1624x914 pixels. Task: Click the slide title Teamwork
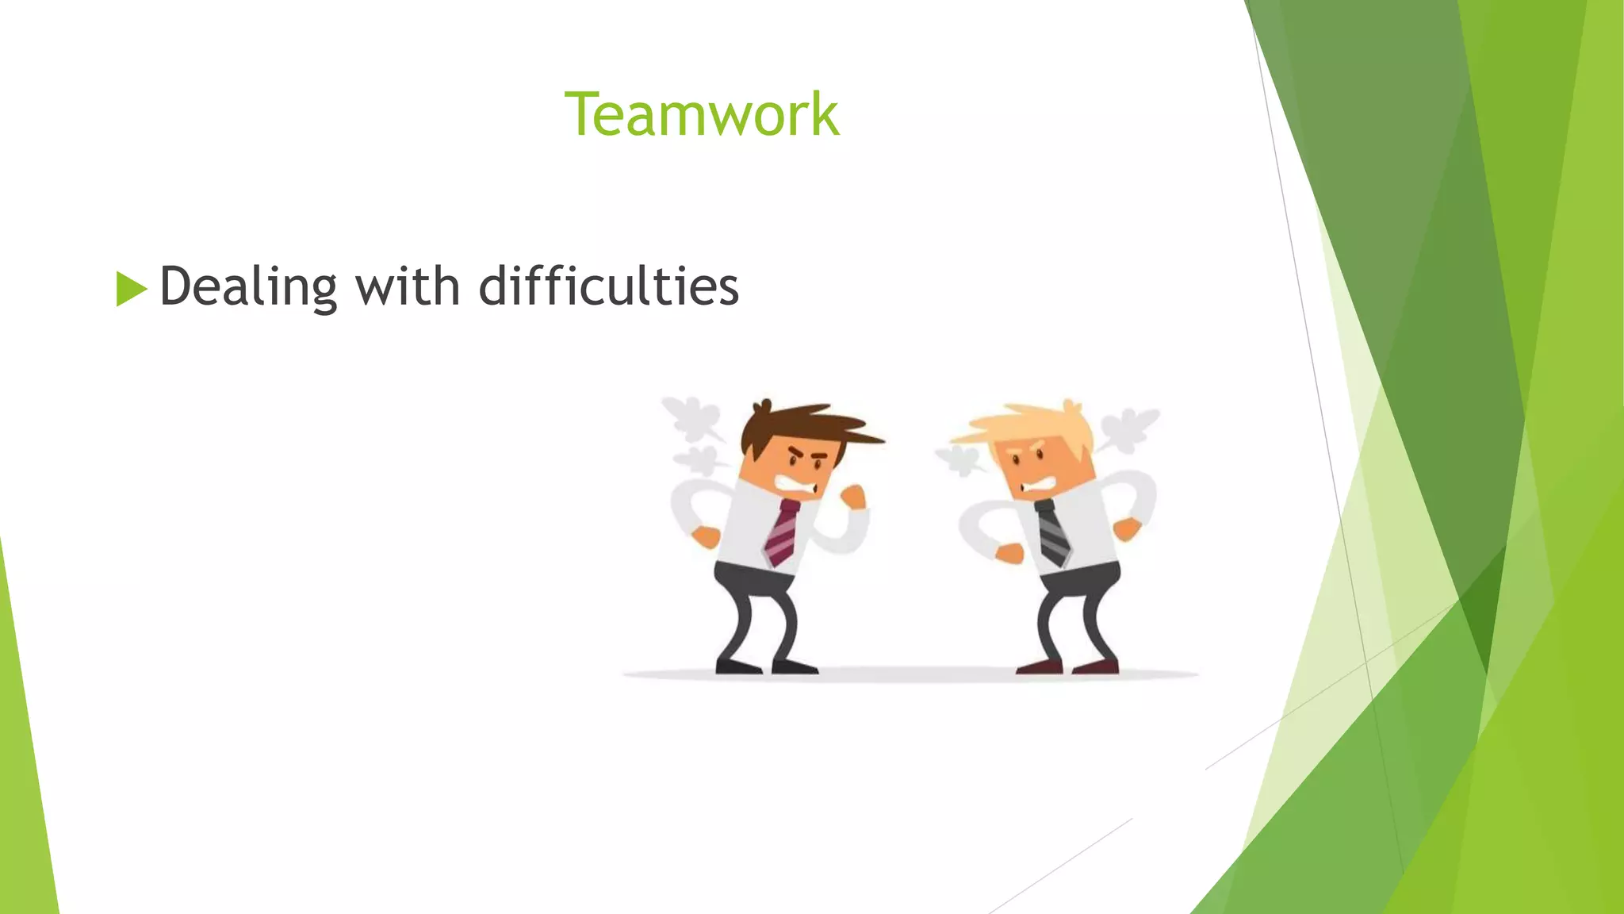(x=701, y=115)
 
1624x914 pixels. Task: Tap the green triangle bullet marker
(x=131, y=288)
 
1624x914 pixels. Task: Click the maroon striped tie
(x=782, y=533)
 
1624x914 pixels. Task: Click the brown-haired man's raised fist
(x=853, y=497)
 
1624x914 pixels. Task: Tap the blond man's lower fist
(x=1009, y=553)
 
